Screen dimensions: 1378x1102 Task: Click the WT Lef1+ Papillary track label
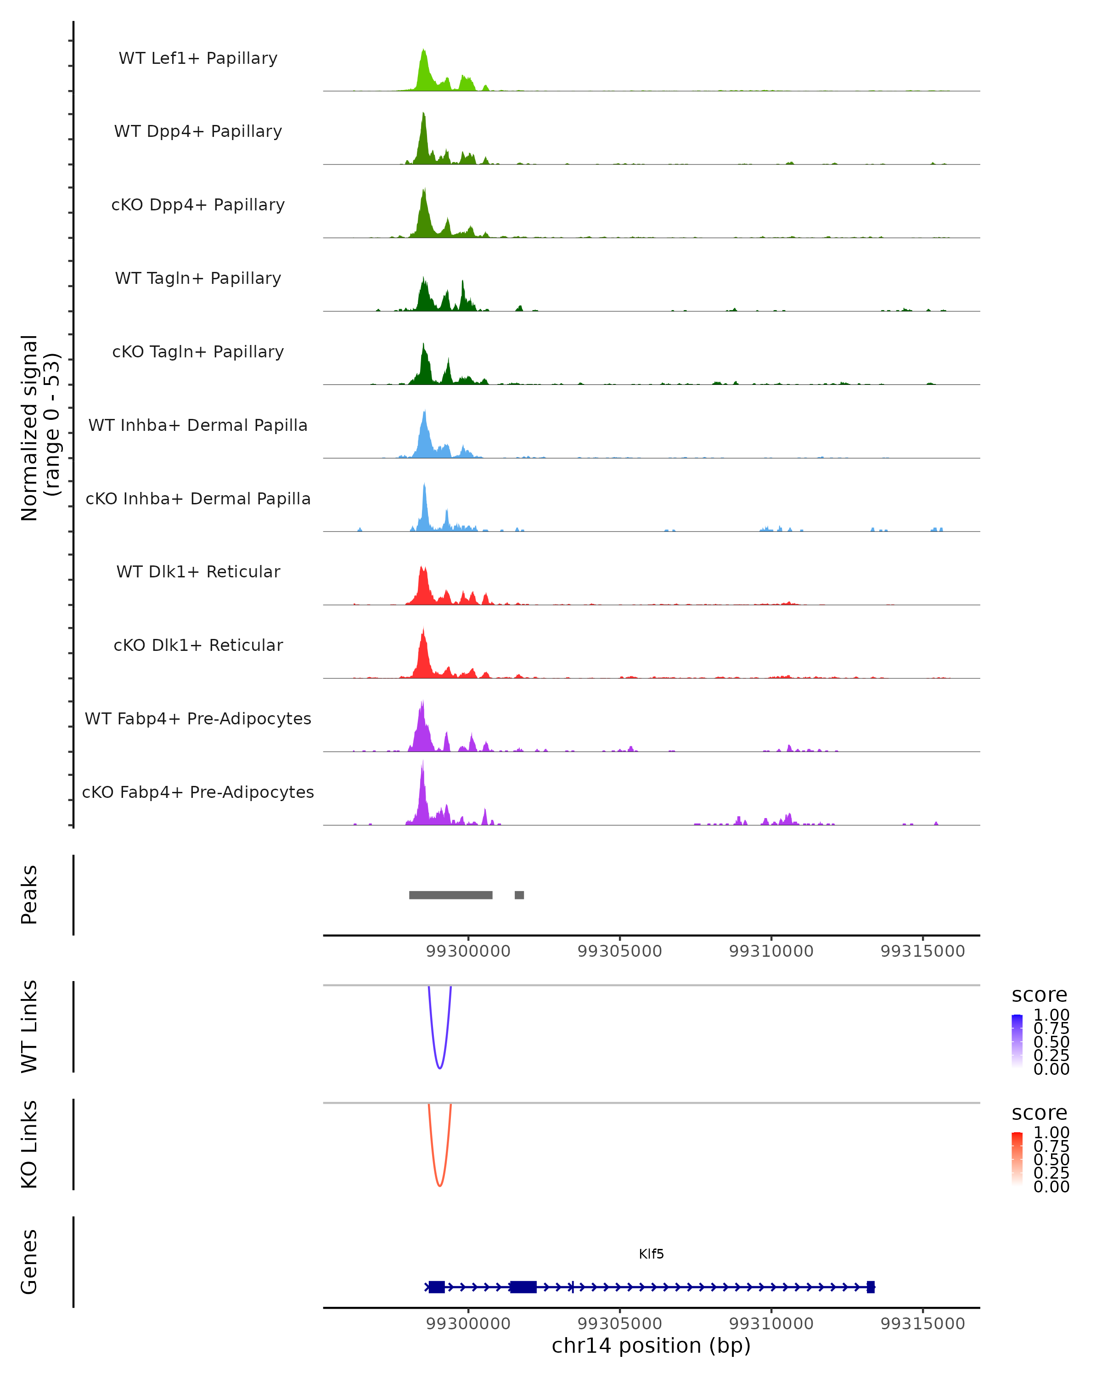coord(198,58)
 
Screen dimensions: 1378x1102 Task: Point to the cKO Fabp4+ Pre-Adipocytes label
coord(198,792)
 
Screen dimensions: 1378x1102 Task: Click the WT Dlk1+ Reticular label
coord(198,572)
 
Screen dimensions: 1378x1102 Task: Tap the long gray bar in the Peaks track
coord(450,895)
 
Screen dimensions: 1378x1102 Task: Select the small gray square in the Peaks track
coord(519,895)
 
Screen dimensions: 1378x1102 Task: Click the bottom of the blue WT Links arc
coord(439,1067)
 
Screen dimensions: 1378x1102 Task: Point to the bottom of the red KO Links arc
coord(439,1186)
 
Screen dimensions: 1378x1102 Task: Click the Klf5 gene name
coord(651,1254)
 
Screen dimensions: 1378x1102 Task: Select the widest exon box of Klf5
coord(523,1287)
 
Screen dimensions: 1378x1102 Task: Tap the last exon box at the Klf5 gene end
coord(871,1287)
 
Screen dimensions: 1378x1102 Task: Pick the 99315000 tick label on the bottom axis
coord(922,1324)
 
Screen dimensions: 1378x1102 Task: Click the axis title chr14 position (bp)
coord(651,1346)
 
